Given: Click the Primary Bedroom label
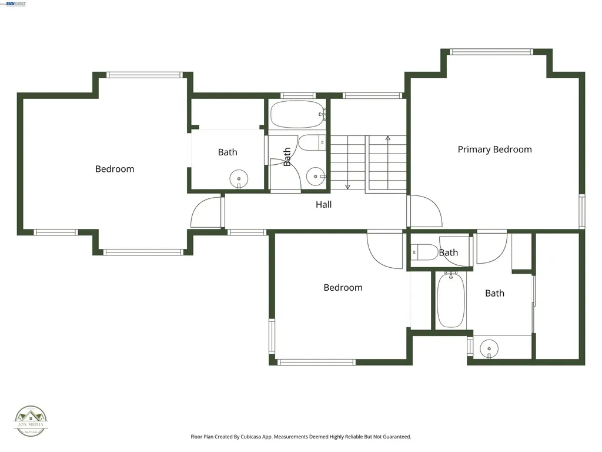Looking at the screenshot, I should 494,149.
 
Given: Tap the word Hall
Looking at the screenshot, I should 323,205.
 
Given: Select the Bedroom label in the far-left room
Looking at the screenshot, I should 115,169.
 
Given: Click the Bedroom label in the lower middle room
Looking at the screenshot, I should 343,288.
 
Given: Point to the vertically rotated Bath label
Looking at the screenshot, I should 287,157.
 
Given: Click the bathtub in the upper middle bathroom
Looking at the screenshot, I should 297,115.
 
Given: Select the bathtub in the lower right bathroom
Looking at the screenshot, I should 451,299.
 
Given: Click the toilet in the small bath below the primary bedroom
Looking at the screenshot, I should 423,252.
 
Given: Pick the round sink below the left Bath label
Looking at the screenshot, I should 239,178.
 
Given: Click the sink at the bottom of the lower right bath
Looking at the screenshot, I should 489,348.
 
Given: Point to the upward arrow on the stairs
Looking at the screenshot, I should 387,139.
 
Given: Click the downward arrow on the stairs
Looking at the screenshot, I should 347,186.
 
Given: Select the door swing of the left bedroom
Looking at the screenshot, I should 206,213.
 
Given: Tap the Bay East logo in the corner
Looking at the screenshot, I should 16,4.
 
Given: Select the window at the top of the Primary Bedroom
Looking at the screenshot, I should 491,52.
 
